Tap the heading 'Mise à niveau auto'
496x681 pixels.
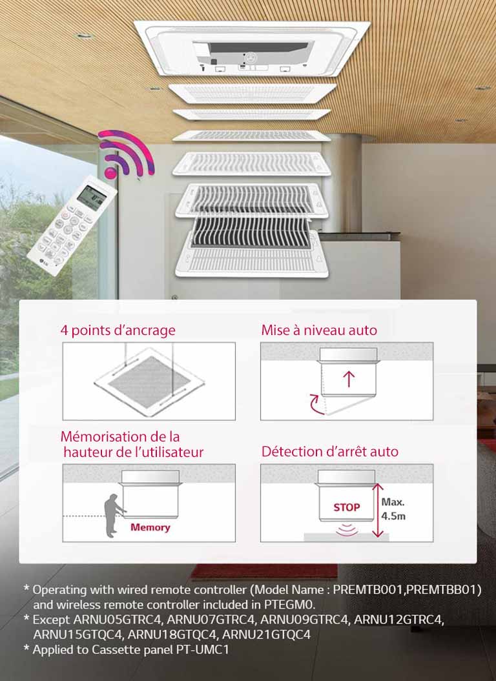(319, 330)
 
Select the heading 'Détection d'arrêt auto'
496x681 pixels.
(329, 451)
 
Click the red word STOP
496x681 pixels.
(347, 507)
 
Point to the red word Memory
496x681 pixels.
(150, 527)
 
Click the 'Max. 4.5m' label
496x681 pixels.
(394, 509)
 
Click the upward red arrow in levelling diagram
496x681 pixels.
(349, 378)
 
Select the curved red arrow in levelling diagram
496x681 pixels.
(316, 404)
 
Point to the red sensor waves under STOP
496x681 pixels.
(347, 529)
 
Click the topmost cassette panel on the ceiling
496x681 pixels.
(252, 48)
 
